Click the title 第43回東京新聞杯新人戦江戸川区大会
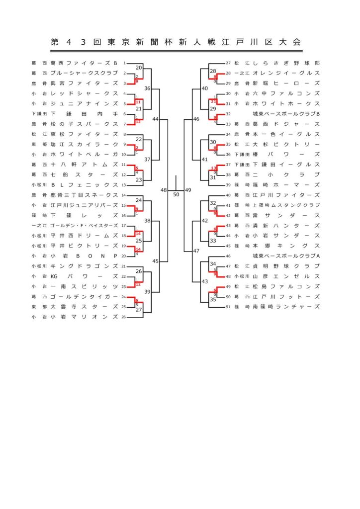(176, 42)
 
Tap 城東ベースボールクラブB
(285, 114)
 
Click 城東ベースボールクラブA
(285, 256)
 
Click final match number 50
(176, 194)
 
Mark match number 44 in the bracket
(156, 119)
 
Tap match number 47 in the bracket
(196, 251)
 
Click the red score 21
(214, 101)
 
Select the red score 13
(214, 168)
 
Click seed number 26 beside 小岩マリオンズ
(123, 317)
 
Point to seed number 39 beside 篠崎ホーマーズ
(229, 185)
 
